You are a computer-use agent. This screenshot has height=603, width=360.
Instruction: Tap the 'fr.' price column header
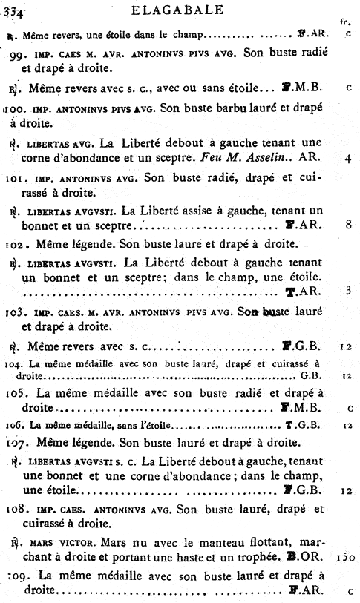(x=344, y=22)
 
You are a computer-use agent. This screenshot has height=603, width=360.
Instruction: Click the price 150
(x=344, y=556)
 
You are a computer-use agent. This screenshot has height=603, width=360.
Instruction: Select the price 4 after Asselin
(x=348, y=158)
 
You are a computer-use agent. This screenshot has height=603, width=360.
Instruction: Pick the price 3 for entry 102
(x=347, y=291)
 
